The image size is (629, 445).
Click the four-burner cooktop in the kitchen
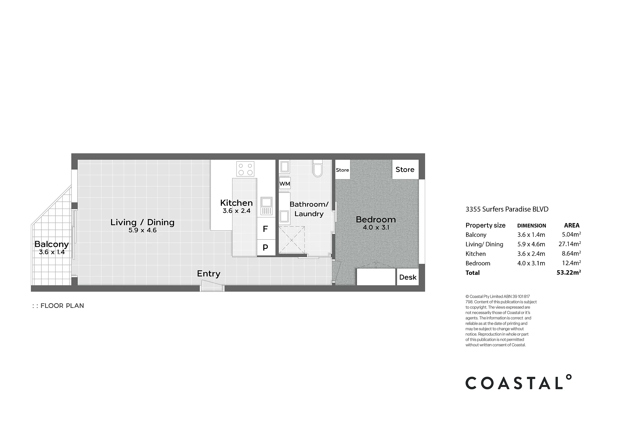(245, 169)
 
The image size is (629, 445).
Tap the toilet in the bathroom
(317, 168)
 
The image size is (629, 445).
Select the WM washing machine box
(285, 184)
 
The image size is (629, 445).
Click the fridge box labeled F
(266, 229)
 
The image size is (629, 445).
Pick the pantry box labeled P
(266, 248)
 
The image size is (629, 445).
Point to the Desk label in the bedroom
(408, 277)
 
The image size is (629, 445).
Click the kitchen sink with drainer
(266, 206)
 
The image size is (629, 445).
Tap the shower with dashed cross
(292, 240)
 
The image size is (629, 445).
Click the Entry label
(208, 274)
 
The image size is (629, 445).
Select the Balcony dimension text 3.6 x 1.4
(52, 252)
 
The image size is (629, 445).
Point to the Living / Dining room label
(142, 222)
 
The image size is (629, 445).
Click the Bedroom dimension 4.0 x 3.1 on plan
(376, 227)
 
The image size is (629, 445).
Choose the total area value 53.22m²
(569, 272)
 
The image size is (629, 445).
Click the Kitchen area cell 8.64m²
(571, 253)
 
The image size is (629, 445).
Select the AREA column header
(572, 225)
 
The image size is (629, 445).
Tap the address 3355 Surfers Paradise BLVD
(507, 209)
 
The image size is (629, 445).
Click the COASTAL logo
(519, 382)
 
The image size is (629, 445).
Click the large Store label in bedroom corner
(405, 170)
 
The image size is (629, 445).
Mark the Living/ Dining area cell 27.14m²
(570, 244)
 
